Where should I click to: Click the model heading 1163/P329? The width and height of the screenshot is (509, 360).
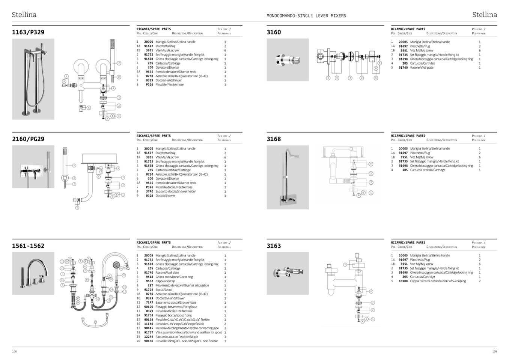28,32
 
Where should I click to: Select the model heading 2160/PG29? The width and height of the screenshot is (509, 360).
28,139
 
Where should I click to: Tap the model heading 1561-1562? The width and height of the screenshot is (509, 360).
28,246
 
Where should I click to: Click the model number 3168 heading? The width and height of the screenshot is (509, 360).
274,139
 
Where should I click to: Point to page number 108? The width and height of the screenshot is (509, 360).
14,351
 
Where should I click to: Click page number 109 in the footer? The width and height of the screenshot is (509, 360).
494,351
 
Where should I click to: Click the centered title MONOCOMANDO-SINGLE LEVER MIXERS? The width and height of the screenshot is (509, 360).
306,16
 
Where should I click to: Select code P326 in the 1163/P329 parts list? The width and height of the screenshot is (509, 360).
149,85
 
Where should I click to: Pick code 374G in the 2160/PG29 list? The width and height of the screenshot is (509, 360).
149,191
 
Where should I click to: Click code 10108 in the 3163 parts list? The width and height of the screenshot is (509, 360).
403,281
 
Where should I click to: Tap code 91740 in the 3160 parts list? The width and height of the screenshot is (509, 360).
403,68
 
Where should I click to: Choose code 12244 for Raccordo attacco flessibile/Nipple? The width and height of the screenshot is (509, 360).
149,337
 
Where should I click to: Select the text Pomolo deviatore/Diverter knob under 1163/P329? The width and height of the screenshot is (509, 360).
176,72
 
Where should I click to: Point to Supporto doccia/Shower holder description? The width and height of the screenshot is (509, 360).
175,191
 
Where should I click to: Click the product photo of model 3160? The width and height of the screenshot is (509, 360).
288,60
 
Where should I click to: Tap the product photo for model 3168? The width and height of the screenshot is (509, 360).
288,177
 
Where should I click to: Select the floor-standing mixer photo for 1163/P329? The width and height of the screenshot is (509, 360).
33,79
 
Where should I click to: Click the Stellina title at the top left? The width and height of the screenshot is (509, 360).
24,15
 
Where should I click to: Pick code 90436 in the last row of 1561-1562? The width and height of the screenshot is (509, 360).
149,341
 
